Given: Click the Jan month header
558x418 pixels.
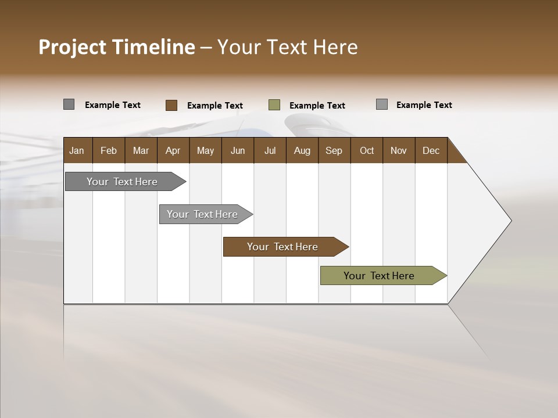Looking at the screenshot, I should [x=77, y=150].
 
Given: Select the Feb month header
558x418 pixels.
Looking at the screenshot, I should [x=109, y=150].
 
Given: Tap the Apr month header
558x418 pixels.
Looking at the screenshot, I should [x=173, y=150].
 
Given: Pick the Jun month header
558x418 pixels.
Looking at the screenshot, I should [x=238, y=150].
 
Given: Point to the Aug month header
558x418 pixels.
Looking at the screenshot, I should [x=302, y=150].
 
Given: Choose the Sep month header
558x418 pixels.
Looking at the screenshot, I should [x=334, y=150].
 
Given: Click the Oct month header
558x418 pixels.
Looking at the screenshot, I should [x=367, y=150].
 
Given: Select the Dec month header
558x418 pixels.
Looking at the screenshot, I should [x=431, y=150].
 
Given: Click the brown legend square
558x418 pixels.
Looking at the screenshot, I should [x=171, y=105].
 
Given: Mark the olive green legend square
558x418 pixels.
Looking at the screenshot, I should [x=274, y=105].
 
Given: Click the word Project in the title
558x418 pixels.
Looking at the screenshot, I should [x=72, y=47].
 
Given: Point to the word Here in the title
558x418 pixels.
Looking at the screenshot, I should [x=335, y=47].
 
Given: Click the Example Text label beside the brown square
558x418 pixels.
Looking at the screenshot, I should [x=215, y=106].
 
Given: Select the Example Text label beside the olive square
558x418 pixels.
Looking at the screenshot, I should [x=317, y=106].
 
